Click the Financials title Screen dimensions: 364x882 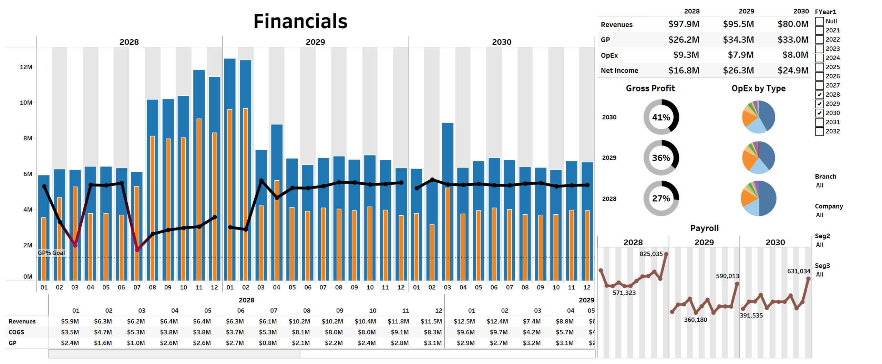pos(300,21)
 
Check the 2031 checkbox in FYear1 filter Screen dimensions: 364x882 pos(819,122)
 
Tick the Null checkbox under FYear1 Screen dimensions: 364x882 pos(819,21)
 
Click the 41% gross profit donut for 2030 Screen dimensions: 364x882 pos(660,117)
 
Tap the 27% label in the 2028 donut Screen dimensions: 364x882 pos(660,199)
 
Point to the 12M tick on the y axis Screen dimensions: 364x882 pos(26,67)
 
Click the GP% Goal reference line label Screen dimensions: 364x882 pos(51,253)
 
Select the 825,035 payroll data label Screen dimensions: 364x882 pos(650,254)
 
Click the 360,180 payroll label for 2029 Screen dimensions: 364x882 pos(695,320)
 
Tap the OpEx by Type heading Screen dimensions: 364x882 pos(758,88)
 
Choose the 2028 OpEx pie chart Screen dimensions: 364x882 pos(758,199)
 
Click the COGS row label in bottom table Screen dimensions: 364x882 pos(16,332)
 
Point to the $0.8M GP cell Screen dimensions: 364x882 pos(267,343)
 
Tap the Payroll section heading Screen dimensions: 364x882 pos(704,228)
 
